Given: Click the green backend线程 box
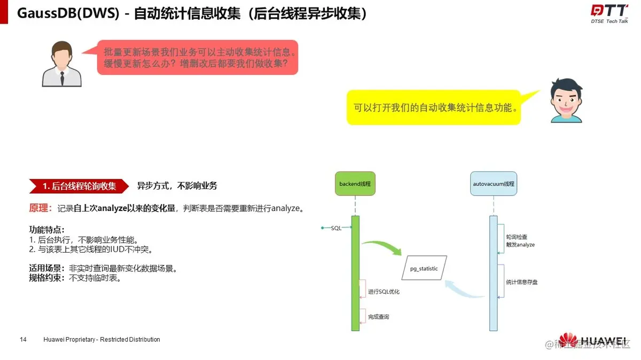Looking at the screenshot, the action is click(355, 184).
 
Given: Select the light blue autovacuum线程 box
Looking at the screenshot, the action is click(493, 184).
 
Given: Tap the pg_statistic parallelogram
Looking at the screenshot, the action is click(424, 269).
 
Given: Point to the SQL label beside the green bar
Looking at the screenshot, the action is click(336, 228).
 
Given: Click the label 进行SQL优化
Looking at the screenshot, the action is click(384, 292).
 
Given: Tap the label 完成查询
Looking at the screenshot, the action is click(378, 317).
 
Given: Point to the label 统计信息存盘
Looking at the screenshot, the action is click(521, 281).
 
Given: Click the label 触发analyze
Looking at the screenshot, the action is click(520, 244).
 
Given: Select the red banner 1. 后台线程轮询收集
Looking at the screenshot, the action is click(79, 186).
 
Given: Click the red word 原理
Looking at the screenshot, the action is click(38, 208).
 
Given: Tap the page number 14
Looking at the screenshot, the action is click(23, 339).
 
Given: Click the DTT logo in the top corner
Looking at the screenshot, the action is click(608, 11).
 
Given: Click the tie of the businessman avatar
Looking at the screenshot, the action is click(62, 79).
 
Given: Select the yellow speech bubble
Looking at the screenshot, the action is click(434, 107).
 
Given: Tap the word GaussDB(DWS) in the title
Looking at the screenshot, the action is click(68, 13).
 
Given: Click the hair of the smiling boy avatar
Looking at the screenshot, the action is click(567, 85).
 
